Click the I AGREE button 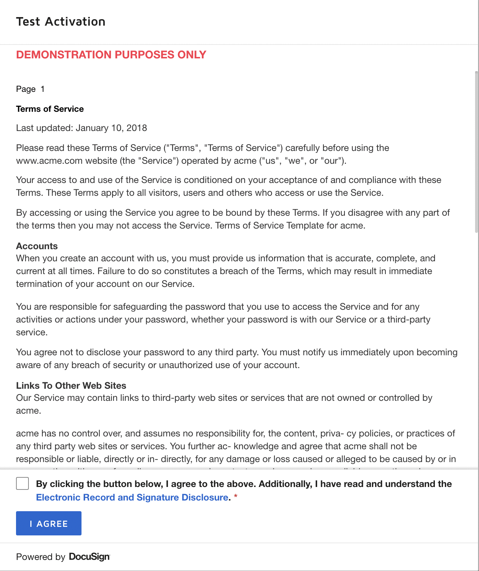pos(49,523)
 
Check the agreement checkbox pos(22,484)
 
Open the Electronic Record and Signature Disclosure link pos(132,497)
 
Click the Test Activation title pos(61,22)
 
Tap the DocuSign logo pos(89,557)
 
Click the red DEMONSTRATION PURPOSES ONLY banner pos(111,55)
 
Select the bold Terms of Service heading pos(50,109)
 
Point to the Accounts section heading pos(37,246)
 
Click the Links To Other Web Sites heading pos(71,386)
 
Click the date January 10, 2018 pos(111,128)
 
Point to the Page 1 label pos(30,89)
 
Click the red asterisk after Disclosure pos(236,497)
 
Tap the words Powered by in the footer pos(41,557)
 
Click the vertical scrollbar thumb pos(477,151)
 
